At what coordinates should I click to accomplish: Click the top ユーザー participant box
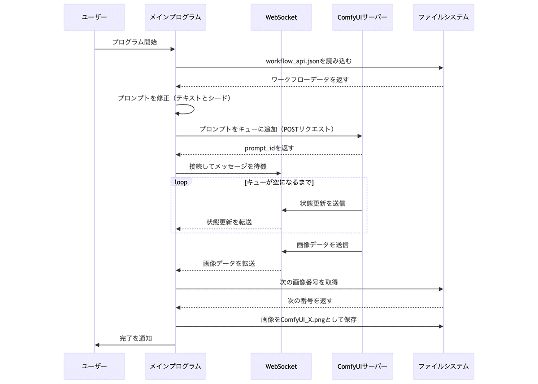[x=94, y=17]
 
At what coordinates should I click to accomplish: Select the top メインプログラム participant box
[x=175, y=17]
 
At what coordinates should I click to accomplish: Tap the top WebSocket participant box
[x=281, y=17]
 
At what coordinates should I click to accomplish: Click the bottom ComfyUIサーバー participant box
[x=362, y=366]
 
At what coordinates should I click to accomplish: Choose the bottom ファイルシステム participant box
[x=443, y=366]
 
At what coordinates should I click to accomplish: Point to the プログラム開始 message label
[x=134, y=42]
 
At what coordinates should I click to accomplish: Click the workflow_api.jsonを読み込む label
[x=309, y=61]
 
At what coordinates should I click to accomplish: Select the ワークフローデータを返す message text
[x=310, y=79]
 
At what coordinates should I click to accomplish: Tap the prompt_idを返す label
[x=269, y=148]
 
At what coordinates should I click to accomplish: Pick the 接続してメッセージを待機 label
[x=228, y=166]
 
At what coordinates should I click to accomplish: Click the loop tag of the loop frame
[x=181, y=182]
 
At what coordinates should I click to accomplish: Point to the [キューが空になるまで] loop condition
[x=278, y=183]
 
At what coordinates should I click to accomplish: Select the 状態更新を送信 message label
[x=322, y=203]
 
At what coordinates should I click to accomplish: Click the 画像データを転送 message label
[x=229, y=263]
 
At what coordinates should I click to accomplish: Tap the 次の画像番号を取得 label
[x=309, y=282]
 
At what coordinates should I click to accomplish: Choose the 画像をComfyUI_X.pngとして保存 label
[x=309, y=319]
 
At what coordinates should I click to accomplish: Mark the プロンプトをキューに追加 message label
[x=267, y=129]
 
